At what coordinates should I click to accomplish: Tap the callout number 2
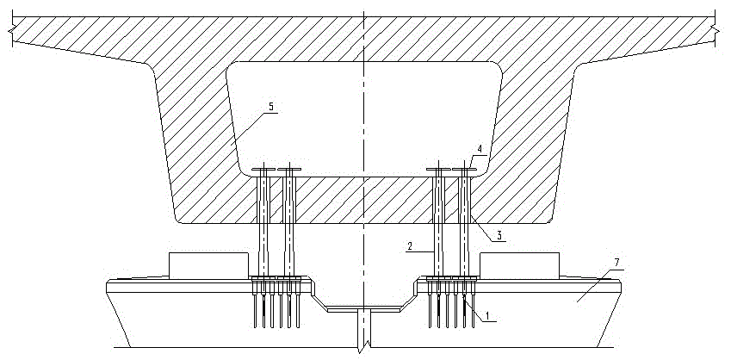coord(409,246)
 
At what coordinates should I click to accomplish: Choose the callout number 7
coord(616,264)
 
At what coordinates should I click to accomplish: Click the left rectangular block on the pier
coord(208,266)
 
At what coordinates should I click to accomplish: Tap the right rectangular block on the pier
coord(519,266)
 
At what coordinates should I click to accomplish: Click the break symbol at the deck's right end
coord(715,29)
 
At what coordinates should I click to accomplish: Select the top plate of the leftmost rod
coord(264,169)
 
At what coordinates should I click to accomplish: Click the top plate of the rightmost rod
coord(465,169)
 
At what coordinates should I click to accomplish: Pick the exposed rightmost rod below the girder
coord(465,250)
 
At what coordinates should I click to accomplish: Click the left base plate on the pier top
coord(276,278)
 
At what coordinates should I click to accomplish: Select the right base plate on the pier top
coord(452,278)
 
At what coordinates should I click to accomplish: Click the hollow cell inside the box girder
coord(364,120)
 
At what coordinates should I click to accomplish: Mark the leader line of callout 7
coord(599,286)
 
